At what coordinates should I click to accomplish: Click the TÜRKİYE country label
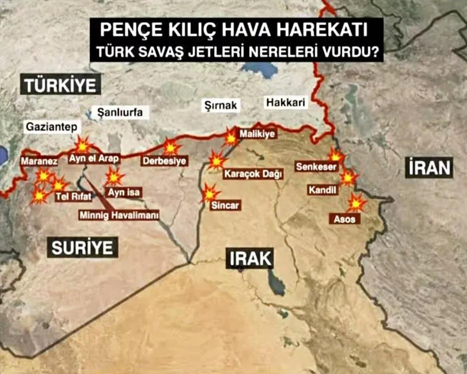[x=60, y=85]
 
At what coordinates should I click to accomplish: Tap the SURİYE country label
[x=83, y=247]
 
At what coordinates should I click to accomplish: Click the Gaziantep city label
[x=52, y=127]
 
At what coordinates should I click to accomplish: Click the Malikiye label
[x=258, y=134]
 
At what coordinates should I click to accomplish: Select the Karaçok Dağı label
[x=253, y=174]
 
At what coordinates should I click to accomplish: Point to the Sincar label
[x=225, y=205]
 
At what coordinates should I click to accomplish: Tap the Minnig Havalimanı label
[x=119, y=216]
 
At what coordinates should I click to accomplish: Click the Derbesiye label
[x=164, y=161]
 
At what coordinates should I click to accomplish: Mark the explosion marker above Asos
[x=357, y=203]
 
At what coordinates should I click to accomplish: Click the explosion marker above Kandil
[x=348, y=177]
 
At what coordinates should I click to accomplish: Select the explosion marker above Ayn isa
[x=115, y=176]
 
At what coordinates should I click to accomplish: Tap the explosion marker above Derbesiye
[x=171, y=147]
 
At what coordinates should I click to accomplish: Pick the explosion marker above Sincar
[x=210, y=193]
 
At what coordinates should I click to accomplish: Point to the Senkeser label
[x=316, y=167]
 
